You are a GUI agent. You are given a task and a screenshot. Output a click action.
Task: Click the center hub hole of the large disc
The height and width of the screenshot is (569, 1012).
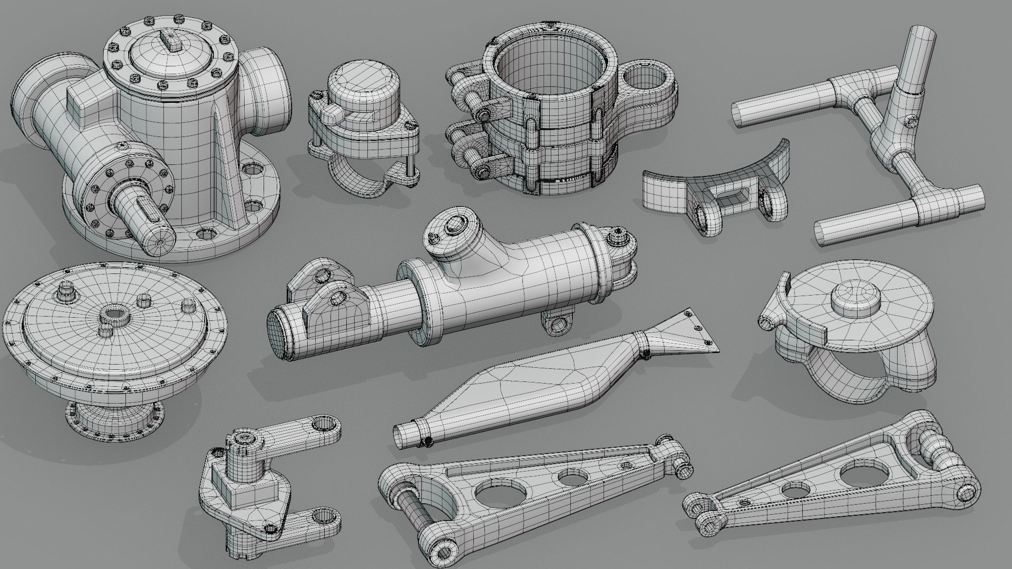click(113, 315)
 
